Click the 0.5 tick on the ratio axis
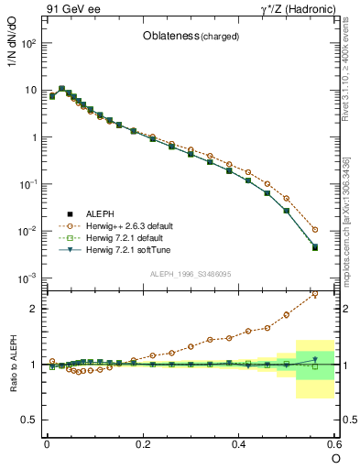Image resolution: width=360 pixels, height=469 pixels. (30, 420)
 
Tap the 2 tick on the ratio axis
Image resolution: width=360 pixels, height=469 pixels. (35, 309)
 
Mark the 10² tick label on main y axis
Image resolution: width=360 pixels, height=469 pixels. (30, 43)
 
